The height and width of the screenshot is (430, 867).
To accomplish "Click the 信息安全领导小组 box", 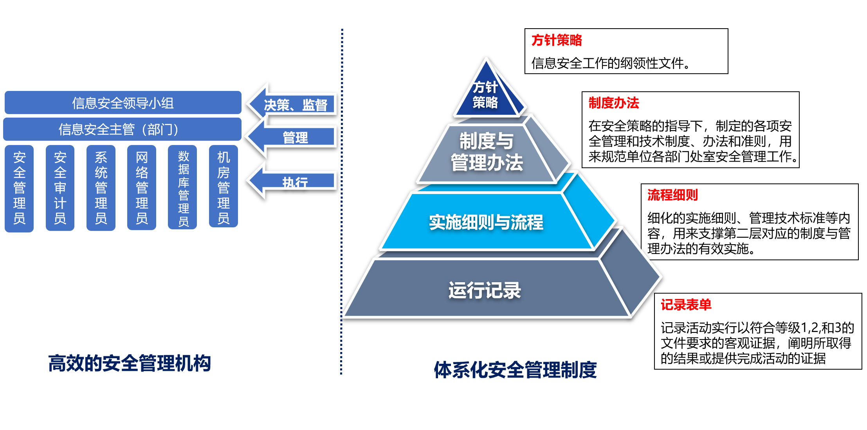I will coord(123,103).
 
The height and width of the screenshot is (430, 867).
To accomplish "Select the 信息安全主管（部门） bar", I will coord(122,129).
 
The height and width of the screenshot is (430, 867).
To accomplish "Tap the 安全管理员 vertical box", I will coord(19,188).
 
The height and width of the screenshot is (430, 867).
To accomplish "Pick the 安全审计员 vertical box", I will coord(60,188).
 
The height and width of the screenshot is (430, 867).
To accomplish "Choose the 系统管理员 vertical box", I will coord(101,188).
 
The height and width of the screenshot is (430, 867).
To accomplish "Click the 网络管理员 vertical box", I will coord(142,188).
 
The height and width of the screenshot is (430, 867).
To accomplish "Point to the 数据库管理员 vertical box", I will coord(183,188).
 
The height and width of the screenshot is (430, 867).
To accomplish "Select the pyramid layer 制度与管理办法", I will coord(486,152).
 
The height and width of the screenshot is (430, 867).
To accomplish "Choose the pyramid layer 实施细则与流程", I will coord(486,222).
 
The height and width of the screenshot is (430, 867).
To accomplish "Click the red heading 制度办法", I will coord(613,103).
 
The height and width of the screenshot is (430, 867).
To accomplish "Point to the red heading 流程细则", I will coord(672,195).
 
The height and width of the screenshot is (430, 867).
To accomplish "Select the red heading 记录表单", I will coord(686,305).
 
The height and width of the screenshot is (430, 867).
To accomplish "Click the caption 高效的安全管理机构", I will coord(129,363).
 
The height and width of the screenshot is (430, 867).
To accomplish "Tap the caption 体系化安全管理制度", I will coord(515,370).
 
